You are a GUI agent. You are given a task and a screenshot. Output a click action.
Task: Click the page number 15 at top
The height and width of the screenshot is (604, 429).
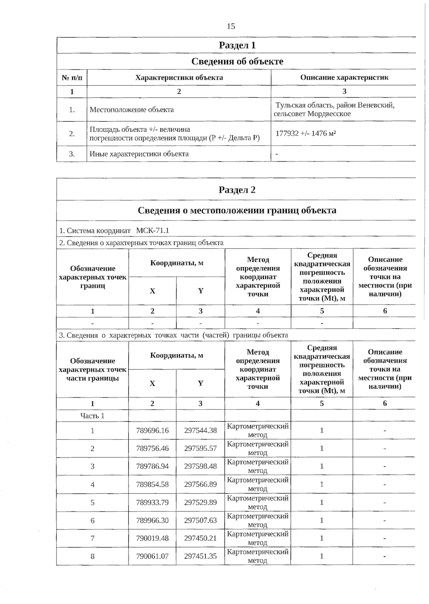pyautogui.click(x=231, y=26)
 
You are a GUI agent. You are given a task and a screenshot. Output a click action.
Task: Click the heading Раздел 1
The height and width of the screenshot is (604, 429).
pyautogui.click(x=237, y=45)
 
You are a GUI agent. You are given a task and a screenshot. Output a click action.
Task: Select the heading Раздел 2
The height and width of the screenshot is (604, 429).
pyautogui.click(x=237, y=190)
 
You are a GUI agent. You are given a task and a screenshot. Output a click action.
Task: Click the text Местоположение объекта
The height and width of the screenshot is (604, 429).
pyautogui.click(x=132, y=110)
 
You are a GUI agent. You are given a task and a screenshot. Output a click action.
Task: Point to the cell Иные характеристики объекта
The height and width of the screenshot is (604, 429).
pyautogui.click(x=139, y=154)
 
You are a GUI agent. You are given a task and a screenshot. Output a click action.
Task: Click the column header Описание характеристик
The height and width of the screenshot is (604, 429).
pyautogui.click(x=344, y=78)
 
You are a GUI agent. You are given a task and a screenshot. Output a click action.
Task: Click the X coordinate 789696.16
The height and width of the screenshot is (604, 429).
pyautogui.click(x=152, y=431)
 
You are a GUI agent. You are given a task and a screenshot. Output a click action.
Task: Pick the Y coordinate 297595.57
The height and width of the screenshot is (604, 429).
pyautogui.click(x=200, y=448)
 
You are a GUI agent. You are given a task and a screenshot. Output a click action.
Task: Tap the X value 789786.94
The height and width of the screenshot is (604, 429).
pyautogui.click(x=152, y=466)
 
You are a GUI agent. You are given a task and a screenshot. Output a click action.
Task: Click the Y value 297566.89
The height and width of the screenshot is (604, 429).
pyautogui.click(x=200, y=485)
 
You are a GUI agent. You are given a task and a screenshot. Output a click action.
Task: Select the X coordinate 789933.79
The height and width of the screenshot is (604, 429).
pyautogui.click(x=152, y=502)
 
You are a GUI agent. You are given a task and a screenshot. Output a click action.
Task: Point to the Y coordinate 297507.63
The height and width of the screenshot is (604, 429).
pyautogui.click(x=200, y=520)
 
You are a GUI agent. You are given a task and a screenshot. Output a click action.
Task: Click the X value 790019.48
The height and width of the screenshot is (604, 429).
pyautogui.click(x=152, y=538)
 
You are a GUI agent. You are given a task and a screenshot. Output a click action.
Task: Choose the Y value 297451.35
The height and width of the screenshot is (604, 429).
pyautogui.click(x=200, y=556)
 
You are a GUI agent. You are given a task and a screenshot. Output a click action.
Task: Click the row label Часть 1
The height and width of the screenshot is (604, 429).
pyautogui.click(x=92, y=416)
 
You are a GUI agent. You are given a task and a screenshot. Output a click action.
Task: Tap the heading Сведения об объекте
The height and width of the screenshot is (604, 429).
pyautogui.click(x=237, y=62)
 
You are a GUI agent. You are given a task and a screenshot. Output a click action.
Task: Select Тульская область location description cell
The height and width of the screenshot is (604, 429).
pyautogui.click(x=334, y=109)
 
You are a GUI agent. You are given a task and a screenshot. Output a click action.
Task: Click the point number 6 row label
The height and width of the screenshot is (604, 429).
pyautogui.click(x=92, y=520)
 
